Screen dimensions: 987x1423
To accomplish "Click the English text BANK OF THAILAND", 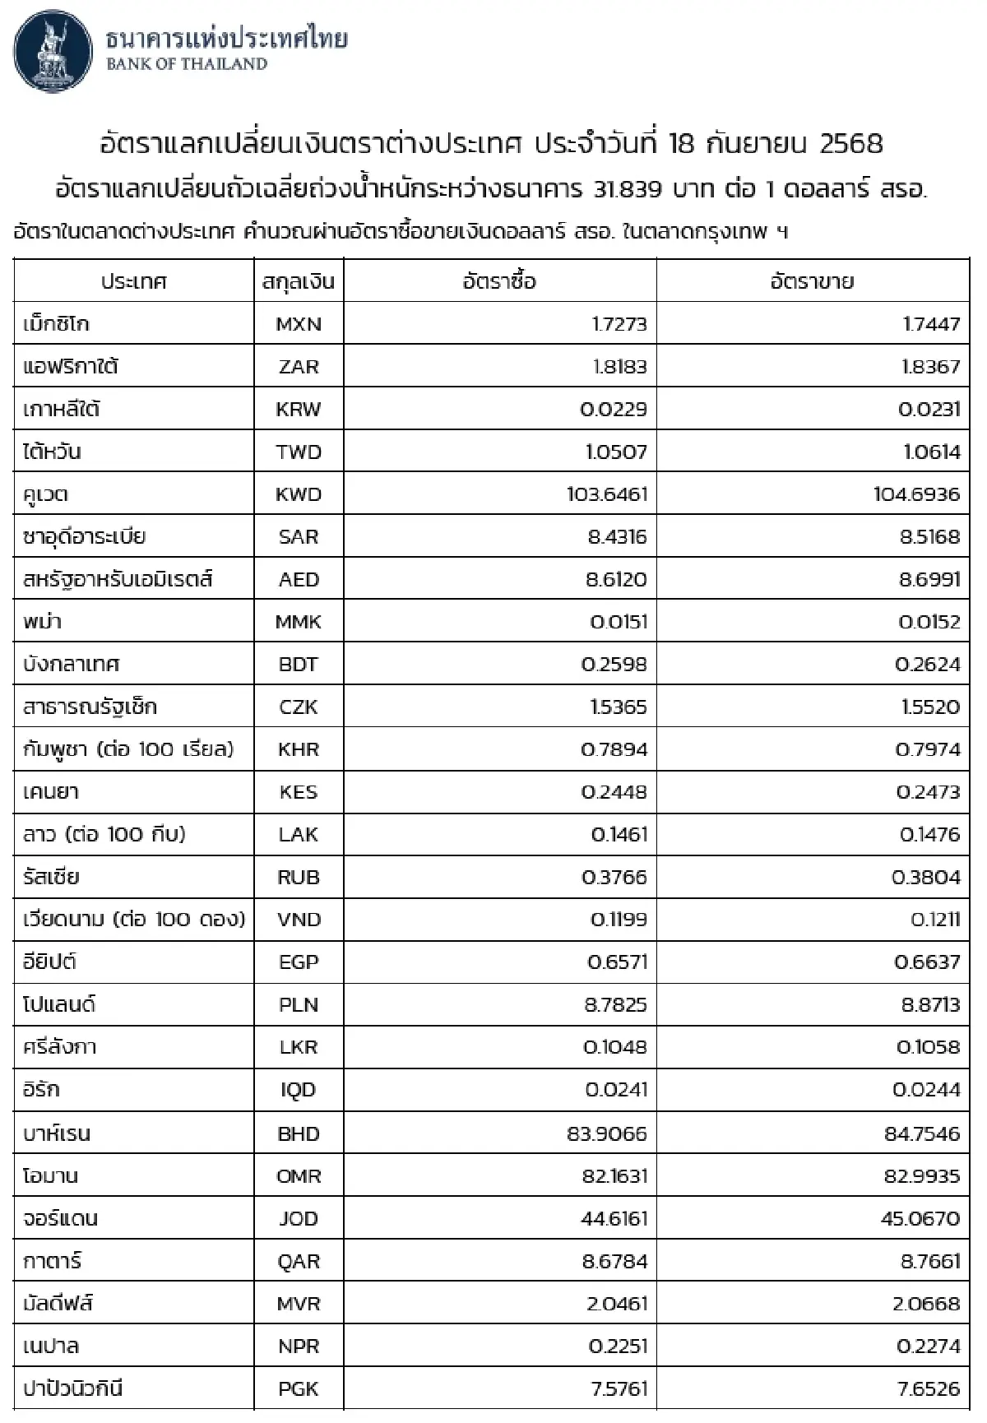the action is (187, 64).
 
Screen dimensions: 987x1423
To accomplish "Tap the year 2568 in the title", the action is (851, 144).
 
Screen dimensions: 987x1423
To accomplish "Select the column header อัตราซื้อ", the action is (499, 281).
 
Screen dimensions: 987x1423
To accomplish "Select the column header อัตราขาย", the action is (812, 281).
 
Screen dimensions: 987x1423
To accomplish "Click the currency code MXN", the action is (299, 324).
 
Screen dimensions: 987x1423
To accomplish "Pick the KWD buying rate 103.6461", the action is (607, 494).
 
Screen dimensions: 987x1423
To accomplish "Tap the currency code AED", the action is (299, 580).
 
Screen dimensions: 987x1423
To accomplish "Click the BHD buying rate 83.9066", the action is (607, 1133).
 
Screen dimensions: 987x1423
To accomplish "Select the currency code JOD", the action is (299, 1219).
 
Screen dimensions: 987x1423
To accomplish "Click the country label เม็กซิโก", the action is (56, 324).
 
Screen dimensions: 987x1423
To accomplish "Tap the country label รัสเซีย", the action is (51, 877).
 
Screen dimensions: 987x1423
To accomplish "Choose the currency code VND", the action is (299, 920).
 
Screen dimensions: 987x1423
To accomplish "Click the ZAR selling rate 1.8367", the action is (930, 367).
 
